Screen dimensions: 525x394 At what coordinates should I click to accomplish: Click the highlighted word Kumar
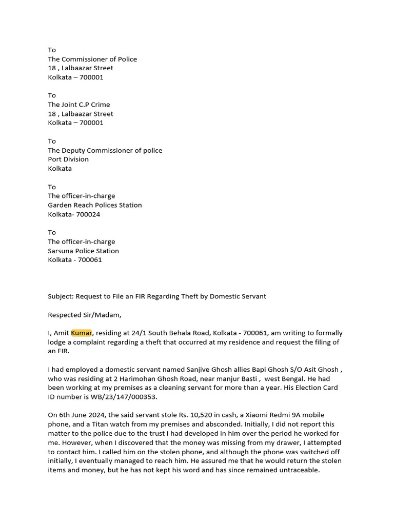click(x=82, y=333)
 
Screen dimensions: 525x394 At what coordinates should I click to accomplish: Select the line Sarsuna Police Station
click(x=84, y=251)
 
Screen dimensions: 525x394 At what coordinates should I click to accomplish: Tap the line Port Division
click(x=68, y=159)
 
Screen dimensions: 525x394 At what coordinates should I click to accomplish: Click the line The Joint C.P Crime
click(x=79, y=105)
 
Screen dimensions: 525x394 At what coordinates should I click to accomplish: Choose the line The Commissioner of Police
click(x=92, y=59)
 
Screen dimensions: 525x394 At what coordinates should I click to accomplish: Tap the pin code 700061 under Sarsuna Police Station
click(x=89, y=259)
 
